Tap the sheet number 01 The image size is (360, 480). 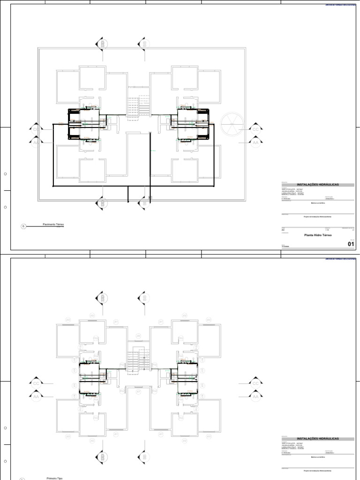tap(351, 244)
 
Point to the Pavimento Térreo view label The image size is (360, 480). tap(53, 225)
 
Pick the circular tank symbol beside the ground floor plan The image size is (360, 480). tap(232, 122)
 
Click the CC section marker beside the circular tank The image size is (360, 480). tap(255, 129)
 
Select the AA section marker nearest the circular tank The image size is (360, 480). tap(255, 142)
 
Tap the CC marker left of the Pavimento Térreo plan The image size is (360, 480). tap(36, 129)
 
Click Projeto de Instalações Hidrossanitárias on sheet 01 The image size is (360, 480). tap(317, 217)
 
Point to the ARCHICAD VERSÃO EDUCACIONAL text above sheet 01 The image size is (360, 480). tap(340, 5)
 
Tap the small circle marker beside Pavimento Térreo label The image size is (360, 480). tap(22, 226)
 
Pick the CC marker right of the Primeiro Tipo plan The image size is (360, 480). tap(255, 383)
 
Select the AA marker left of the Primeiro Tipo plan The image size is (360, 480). tap(36, 396)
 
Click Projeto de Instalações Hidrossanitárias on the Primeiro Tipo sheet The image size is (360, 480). tap(317, 470)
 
